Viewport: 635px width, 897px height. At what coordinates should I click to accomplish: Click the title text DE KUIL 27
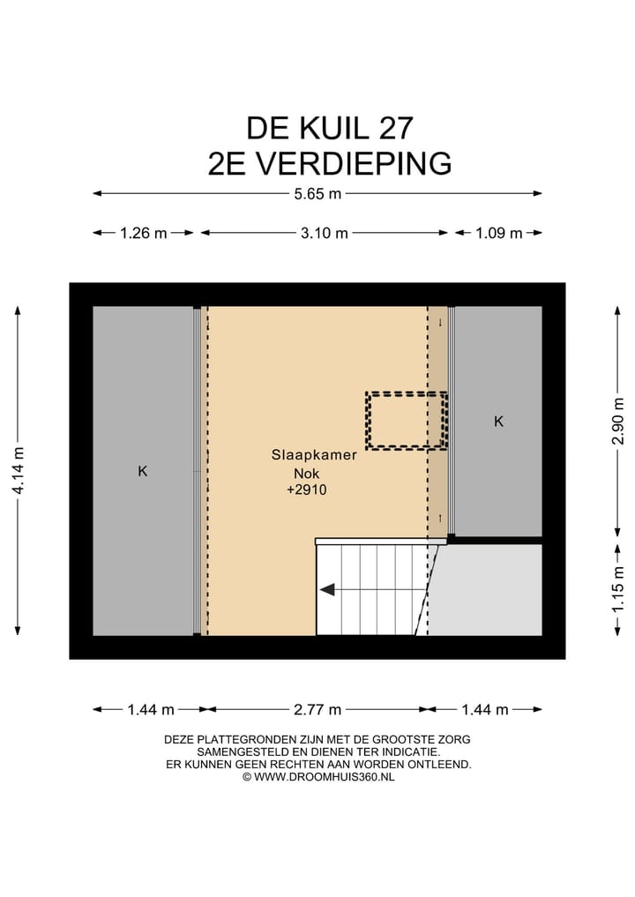point(329,128)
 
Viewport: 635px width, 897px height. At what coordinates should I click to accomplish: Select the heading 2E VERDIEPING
point(329,164)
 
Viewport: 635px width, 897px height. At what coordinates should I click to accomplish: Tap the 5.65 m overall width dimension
point(317,194)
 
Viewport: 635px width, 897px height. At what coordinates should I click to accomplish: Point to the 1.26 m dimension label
point(143,233)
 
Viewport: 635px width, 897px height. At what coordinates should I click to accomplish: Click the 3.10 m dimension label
point(324,233)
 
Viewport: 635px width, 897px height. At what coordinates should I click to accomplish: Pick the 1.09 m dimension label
point(498,233)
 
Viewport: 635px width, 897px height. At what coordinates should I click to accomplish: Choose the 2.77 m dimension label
point(317,709)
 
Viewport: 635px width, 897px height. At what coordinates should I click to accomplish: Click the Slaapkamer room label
point(314,456)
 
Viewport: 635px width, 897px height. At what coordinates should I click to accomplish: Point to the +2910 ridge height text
point(306,490)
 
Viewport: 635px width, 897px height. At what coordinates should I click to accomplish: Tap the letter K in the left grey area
point(142,471)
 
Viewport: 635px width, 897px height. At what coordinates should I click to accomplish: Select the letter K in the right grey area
point(498,422)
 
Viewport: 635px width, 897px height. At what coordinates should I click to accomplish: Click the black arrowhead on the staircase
point(327,590)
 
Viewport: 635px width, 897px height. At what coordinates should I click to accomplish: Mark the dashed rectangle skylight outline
point(407,421)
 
